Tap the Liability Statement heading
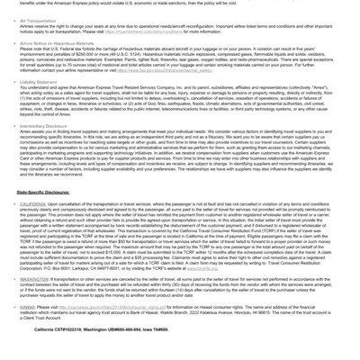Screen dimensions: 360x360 40,105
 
